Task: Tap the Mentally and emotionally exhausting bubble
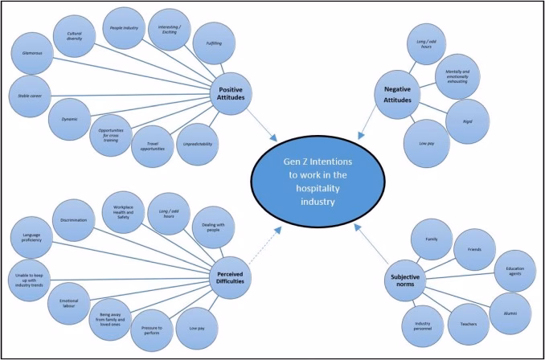(x=457, y=76)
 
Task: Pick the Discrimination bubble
(x=74, y=219)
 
